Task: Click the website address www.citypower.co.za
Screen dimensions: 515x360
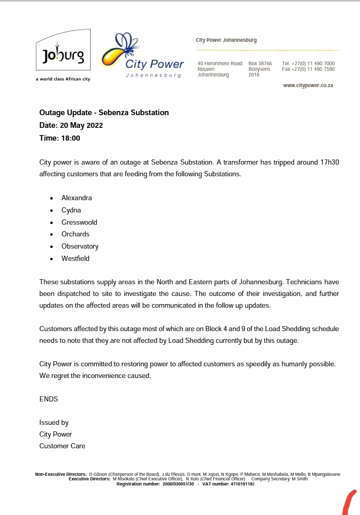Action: point(308,86)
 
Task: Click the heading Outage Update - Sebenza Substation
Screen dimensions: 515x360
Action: point(104,113)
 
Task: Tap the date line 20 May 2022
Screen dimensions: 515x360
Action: point(71,125)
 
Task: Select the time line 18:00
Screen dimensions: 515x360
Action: point(60,138)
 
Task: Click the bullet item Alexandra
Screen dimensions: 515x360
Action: point(77,198)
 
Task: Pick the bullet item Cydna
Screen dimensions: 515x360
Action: point(71,210)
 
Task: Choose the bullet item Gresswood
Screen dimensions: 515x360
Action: point(79,222)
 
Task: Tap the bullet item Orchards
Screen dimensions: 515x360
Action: point(75,234)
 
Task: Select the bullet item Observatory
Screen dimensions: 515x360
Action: point(80,247)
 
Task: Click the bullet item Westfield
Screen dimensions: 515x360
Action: point(75,259)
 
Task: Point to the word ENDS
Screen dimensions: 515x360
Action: point(49,399)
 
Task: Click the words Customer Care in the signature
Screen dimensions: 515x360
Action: point(62,446)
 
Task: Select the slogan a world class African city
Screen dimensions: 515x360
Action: point(63,79)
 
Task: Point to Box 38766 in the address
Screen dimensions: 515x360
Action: point(260,63)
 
